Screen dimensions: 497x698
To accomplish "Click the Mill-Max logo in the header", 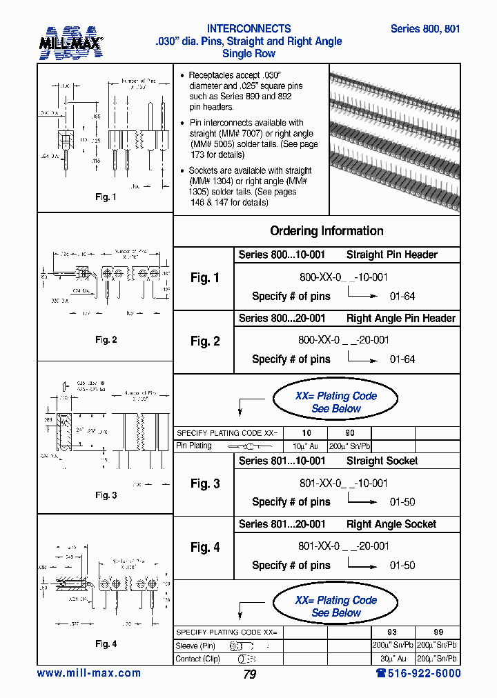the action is [x=70, y=43].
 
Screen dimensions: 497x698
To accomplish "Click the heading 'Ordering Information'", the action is [x=327, y=231].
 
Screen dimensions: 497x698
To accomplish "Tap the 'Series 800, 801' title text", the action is [x=425, y=29].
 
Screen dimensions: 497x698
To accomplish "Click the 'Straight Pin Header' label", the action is [x=391, y=255].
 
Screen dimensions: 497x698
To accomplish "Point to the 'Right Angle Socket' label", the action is [x=391, y=524].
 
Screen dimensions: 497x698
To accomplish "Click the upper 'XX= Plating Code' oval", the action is [x=335, y=402].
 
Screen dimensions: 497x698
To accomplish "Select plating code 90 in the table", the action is [x=349, y=432].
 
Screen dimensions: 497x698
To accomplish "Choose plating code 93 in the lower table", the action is [x=393, y=632].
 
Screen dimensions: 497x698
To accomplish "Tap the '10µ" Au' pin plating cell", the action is [x=306, y=446].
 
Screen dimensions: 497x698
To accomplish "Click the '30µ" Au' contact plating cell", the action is [x=393, y=659].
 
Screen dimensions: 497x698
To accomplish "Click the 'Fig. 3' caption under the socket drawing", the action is [x=106, y=495].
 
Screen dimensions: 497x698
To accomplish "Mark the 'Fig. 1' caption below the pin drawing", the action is [x=106, y=197].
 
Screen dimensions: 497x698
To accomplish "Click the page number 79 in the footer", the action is [x=250, y=675].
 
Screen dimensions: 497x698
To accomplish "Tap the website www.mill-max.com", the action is [x=88, y=673].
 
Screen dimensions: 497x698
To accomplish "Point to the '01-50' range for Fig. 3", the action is [x=402, y=502].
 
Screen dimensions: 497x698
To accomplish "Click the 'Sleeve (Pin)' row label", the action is [x=197, y=646].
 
